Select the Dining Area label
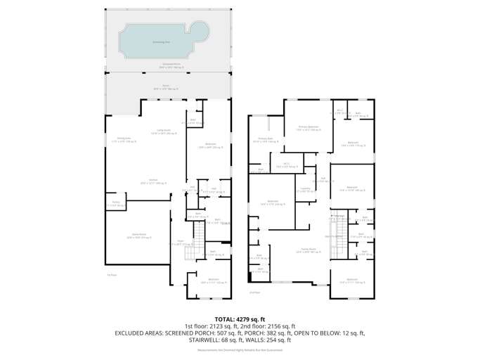[124, 139]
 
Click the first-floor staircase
[198, 232]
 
